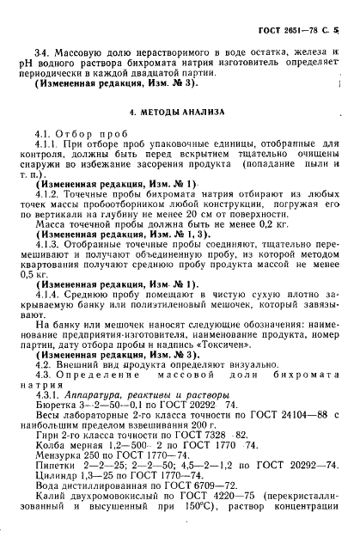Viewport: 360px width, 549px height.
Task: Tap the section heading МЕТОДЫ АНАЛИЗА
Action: tap(180, 112)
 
